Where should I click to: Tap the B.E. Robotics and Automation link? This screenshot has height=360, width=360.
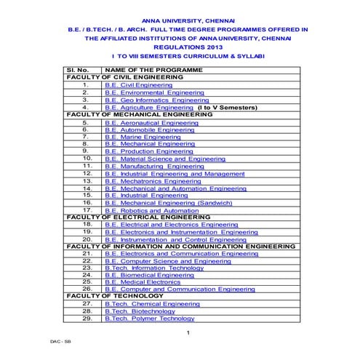(151, 209)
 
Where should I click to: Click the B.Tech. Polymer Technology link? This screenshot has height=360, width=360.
(149, 319)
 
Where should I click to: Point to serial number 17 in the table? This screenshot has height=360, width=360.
(87, 209)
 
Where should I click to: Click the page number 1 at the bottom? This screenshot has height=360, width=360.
(188, 333)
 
